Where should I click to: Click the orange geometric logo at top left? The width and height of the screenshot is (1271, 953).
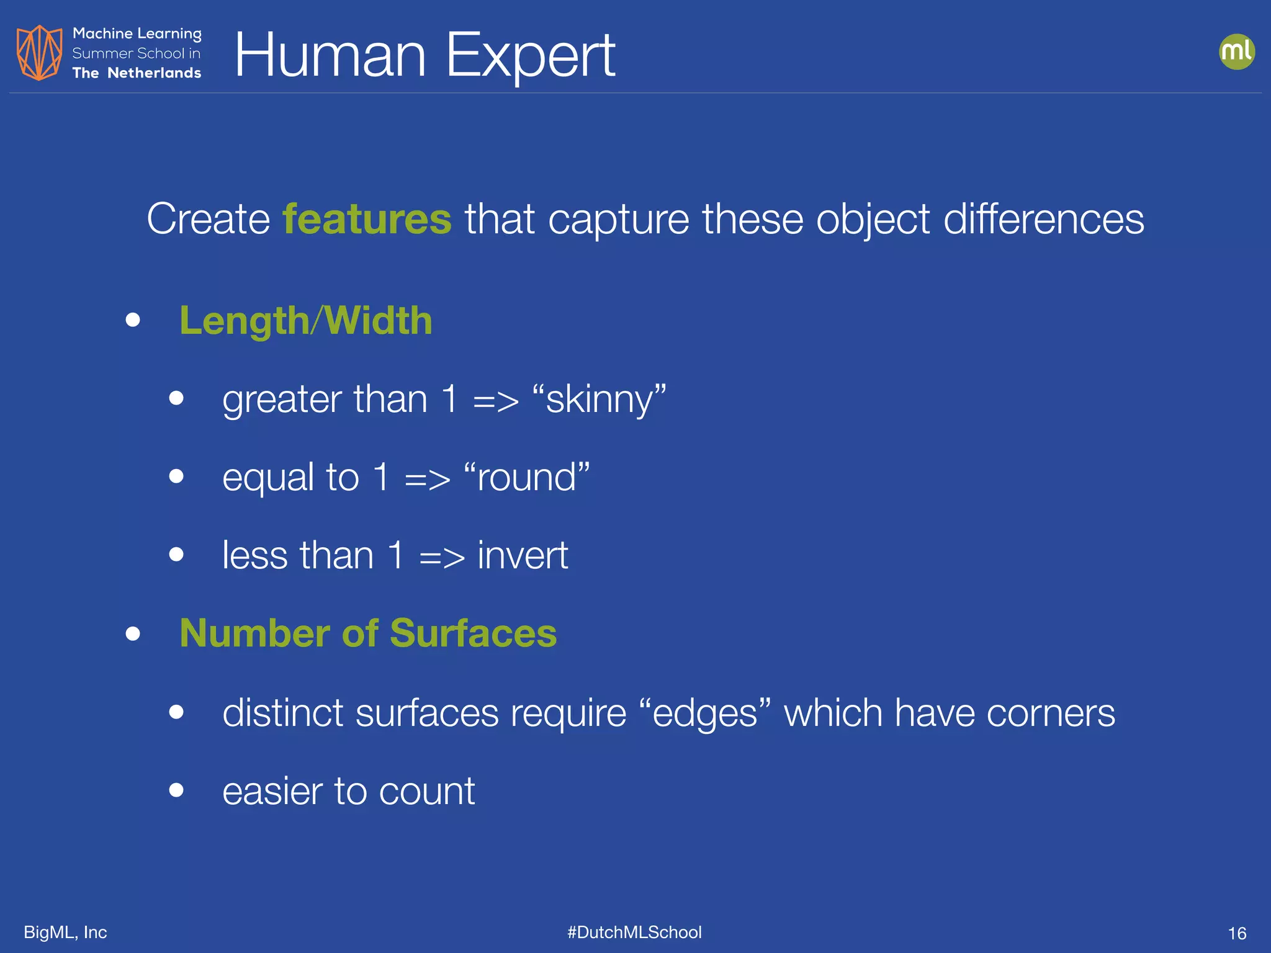[x=39, y=52]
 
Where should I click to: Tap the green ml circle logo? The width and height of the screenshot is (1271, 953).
[x=1236, y=51]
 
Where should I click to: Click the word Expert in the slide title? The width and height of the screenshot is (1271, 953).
[x=531, y=56]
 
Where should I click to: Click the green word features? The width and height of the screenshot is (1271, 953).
[x=367, y=219]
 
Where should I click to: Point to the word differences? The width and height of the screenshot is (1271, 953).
[x=1043, y=219]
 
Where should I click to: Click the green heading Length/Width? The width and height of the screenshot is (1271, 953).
[x=305, y=321]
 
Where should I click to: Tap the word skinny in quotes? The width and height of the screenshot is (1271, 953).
[x=599, y=399]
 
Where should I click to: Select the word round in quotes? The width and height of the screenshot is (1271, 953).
[x=527, y=477]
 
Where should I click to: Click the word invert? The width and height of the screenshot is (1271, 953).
[x=523, y=555]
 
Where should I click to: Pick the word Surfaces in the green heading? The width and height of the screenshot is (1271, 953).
[x=473, y=633]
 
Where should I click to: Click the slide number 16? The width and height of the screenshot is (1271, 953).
[x=1237, y=933]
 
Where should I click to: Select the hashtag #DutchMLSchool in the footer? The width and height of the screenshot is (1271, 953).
[x=634, y=932]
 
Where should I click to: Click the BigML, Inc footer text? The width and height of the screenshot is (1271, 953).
[x=65, y=932]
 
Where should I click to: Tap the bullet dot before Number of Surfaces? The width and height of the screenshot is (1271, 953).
[x=133, y=633]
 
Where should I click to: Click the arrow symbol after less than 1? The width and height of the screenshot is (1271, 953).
[x=441, y=557]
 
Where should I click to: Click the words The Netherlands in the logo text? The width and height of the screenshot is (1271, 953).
[x=137, y=73]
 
